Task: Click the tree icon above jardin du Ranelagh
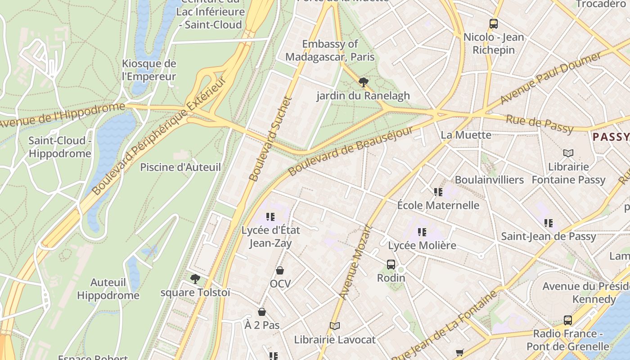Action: pyautogui.click(x=363, y=82)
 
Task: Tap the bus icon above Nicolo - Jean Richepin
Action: pyautogui.click(x=494, y=24)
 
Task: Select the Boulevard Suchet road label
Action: pyautogui.click(x=270, y=139)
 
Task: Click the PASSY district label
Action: pyautogui.click(x=611, y=137)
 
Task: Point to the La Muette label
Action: pyautogui.click(x=466, y=135)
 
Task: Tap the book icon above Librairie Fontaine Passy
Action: pyautogui.click(x=568, y=153)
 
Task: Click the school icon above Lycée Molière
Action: pyautogui.click(x=422, y=232)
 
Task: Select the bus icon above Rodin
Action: pyautogui.click(x=391, y=265)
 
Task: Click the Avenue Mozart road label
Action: pyautogui.click(x=355, y=262)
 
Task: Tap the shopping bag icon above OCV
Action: pyautogui.click(x=280, y=270)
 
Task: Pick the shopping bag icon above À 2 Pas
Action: pyautogui.click(x=262, y=312)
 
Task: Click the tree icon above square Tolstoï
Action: pyautogui.click(x=195, y=279)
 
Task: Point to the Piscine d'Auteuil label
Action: pyautogui.click(x=180, y=167)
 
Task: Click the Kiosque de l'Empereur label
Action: pyautogui.click(x=149, y=70)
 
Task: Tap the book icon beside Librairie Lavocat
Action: pyautogui.click(x=334, y=326)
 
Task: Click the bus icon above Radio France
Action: pyautogui.click(x=568, y=320)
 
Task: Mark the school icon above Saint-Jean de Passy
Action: pyautogui.click(x=548, y=223)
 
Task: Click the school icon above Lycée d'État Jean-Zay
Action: pyautogui.click(x=270, y=217)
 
